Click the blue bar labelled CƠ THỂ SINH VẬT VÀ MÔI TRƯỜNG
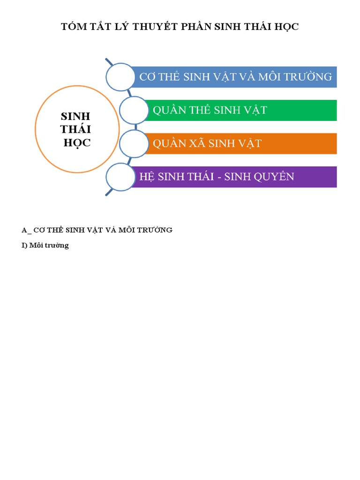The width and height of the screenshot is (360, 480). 234,77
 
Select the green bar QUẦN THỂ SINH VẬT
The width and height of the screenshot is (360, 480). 239,110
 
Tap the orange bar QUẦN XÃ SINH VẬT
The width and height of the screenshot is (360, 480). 239,143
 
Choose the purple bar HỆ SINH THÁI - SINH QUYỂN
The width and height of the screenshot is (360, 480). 234,177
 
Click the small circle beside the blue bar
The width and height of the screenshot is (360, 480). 120,77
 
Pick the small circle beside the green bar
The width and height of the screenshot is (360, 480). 134,110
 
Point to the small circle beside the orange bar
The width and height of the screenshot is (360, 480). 134,143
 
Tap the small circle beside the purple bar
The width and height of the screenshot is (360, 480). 120,177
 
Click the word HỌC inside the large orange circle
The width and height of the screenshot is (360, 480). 77,143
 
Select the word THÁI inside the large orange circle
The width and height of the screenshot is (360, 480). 76,129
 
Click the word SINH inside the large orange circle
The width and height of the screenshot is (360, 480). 76,116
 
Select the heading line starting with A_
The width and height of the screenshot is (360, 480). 97,230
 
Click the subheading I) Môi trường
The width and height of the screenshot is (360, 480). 45,245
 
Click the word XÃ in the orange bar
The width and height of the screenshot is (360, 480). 197,143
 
